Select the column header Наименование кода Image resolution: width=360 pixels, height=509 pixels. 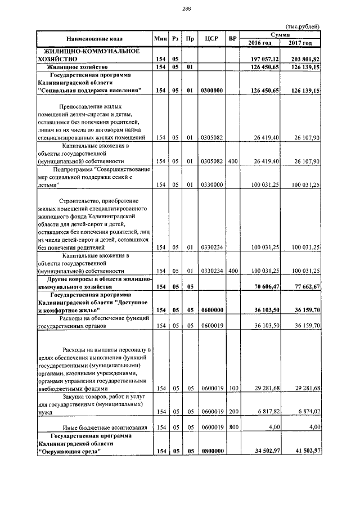[x=94, y=39]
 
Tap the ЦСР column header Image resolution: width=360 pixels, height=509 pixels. [x=212, y=39]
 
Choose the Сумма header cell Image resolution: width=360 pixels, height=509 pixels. [x=280, y=35]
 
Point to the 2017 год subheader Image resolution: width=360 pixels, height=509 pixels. [x=300, y=43]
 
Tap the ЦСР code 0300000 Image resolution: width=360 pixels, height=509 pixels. [x=212, y=90]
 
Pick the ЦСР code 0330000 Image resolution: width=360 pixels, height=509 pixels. [x=212, y=184]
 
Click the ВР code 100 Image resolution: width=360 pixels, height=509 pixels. [x=233, y=388]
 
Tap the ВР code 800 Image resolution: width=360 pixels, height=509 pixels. [x=233, y=427]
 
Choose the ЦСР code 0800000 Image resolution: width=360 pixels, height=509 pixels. [x=212, y=451]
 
